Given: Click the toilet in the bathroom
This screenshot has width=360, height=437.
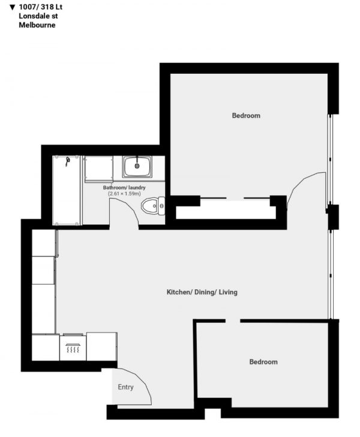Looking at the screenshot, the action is tap(153, 206).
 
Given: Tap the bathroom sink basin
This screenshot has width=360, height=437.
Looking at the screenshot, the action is tap(137, 166).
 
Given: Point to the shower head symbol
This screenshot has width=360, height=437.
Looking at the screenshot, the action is tap(67, 161).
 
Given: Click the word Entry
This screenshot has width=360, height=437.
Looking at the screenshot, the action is tap(125, 387).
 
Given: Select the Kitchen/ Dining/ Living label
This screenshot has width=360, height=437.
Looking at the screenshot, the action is tap(202, 292).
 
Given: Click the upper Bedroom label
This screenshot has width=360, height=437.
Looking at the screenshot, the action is tap(246, 115).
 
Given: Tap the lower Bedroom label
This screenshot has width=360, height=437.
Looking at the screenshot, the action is tap(263, 362).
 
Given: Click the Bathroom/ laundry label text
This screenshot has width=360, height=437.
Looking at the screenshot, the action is tap(124, 187).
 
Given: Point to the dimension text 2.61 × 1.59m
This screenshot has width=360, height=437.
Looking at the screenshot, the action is tap(124, 193).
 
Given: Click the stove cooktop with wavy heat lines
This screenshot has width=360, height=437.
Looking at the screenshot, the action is tap(73, 347).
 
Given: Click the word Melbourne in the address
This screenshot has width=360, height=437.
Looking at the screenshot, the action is tap(37, 25).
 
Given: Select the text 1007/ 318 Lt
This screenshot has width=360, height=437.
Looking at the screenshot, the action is tap(41, 7).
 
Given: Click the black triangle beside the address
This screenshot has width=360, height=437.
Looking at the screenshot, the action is tap(12, 7).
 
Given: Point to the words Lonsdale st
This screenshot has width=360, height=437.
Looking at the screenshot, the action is tap(38, 16).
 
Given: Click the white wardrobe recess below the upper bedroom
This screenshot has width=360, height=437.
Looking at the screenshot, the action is tap(226, 209).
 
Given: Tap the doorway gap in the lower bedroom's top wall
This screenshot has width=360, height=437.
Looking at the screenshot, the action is tap(233, 321).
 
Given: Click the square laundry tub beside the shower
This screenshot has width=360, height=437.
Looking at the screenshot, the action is tap(98, 169).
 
